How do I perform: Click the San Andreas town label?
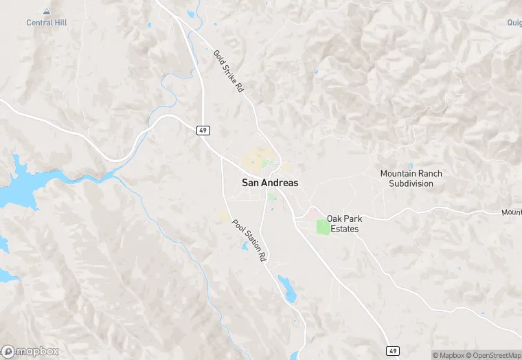pos(270,183)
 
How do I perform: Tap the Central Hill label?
pos(46,23)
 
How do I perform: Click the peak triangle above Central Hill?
pos(46,12)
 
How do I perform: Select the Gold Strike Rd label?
pos(229,71)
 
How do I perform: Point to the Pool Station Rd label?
pos(249,241)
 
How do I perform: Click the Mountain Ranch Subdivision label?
pos(411,179)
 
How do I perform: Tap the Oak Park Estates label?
pos(344,224)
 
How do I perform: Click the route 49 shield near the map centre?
pos(203,131)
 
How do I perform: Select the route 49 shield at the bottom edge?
pos(391,351)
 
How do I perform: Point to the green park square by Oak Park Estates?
pos(323,226)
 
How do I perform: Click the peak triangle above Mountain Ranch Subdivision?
pos(411,165)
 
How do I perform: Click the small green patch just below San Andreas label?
pos(271,196)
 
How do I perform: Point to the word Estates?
pos(344,229)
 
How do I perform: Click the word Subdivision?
pos(411,183)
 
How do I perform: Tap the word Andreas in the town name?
pos(280,183)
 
